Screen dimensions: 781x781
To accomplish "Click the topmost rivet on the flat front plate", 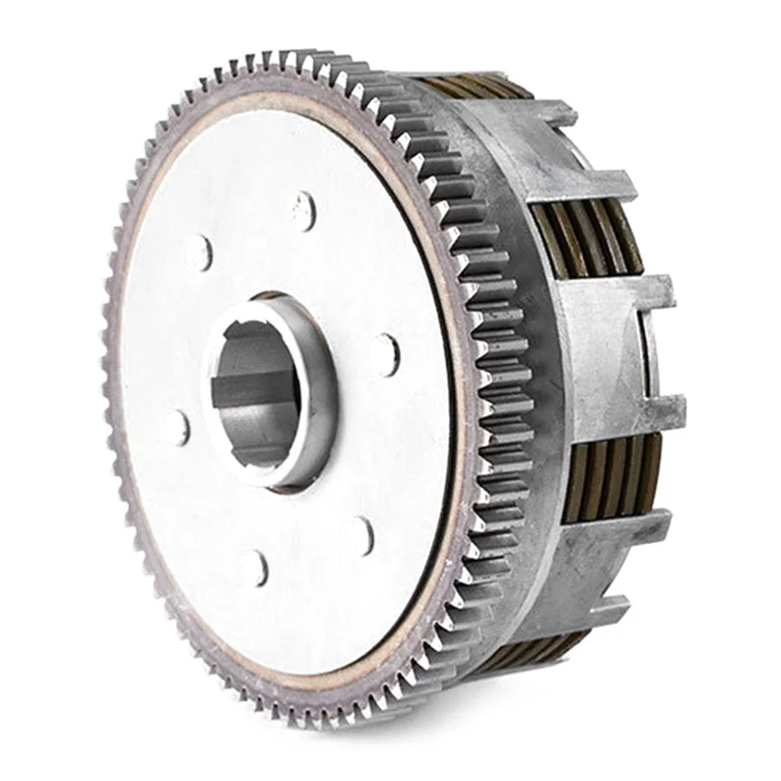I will [304, 209].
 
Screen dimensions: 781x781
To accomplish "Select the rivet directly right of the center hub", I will [387, 353].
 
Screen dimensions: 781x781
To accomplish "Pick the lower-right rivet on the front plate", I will [362, 535].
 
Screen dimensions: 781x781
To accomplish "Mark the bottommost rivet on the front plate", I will [256, 568].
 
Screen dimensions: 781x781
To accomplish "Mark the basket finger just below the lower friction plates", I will [625, 532].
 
